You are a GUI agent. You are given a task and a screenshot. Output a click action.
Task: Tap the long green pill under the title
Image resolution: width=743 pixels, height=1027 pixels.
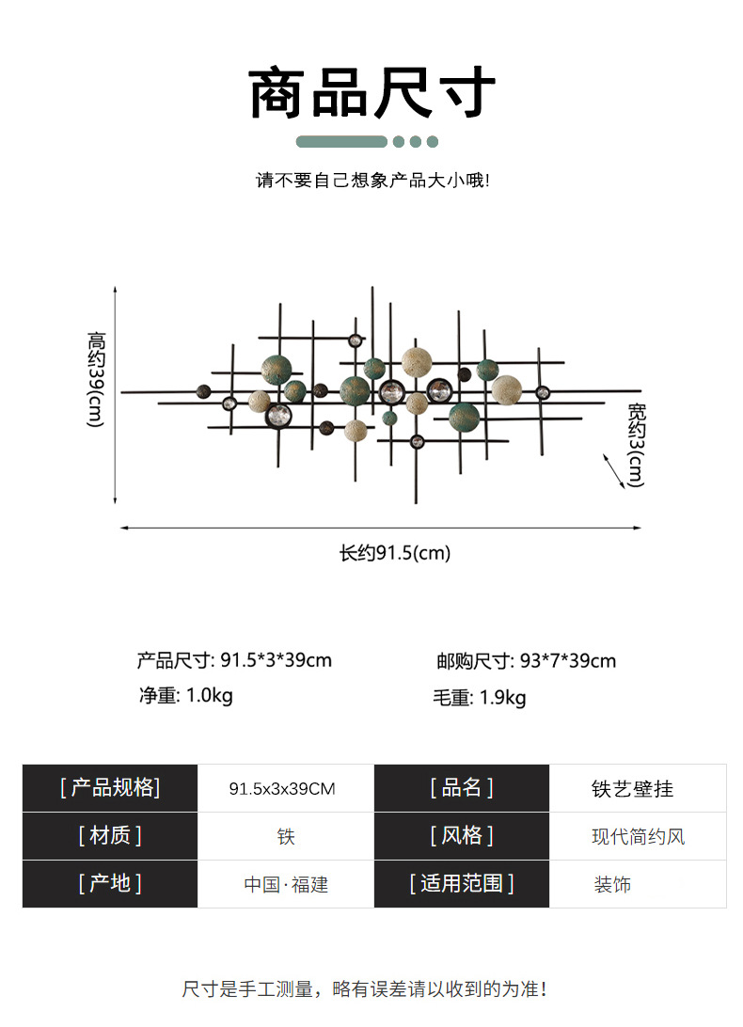pos(341,142)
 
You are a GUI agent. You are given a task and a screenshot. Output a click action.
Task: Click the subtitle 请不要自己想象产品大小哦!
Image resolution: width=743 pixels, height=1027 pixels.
pos(372,180)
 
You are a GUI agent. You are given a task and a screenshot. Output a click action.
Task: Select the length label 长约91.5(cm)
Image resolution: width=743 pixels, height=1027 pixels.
pos(395,553)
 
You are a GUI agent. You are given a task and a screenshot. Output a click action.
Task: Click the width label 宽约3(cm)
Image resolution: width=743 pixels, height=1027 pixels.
pos(636,444)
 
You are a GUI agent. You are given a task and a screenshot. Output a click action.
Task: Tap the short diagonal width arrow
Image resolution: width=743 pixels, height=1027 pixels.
pos(613,469)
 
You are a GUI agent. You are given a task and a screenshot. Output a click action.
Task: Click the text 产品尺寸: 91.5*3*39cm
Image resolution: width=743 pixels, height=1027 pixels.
pos(234,660)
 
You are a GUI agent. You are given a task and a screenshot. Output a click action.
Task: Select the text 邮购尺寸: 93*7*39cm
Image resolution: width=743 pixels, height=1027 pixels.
pos(526,661)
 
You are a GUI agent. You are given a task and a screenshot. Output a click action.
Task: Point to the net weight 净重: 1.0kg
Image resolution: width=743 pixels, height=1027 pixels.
pos(185,697)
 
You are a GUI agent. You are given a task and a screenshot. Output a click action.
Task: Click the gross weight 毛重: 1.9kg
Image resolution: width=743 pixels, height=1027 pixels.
pos(479,698)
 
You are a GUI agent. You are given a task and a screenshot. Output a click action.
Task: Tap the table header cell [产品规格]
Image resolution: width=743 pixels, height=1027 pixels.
pos(110,788)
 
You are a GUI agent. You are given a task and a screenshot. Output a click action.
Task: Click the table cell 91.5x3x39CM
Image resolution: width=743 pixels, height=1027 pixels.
pos(282,789)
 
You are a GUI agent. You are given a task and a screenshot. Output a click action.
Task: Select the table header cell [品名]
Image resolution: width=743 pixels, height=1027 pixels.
pos(461,788)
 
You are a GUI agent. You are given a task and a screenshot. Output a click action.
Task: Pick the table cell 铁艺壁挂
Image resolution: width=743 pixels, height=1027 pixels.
pos(632,789)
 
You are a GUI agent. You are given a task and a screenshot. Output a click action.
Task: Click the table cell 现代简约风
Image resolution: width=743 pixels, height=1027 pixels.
pos(638,836)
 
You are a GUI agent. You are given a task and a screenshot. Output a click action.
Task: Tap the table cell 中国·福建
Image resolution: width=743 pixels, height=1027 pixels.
pos(286,884)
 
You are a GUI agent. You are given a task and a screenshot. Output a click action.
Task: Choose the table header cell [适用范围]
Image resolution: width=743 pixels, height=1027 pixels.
pos(461,884)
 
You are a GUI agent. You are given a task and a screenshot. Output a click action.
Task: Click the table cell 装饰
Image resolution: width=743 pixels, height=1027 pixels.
pos(611,884)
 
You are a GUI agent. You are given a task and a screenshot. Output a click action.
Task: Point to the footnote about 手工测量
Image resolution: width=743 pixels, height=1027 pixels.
pos(365,988)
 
